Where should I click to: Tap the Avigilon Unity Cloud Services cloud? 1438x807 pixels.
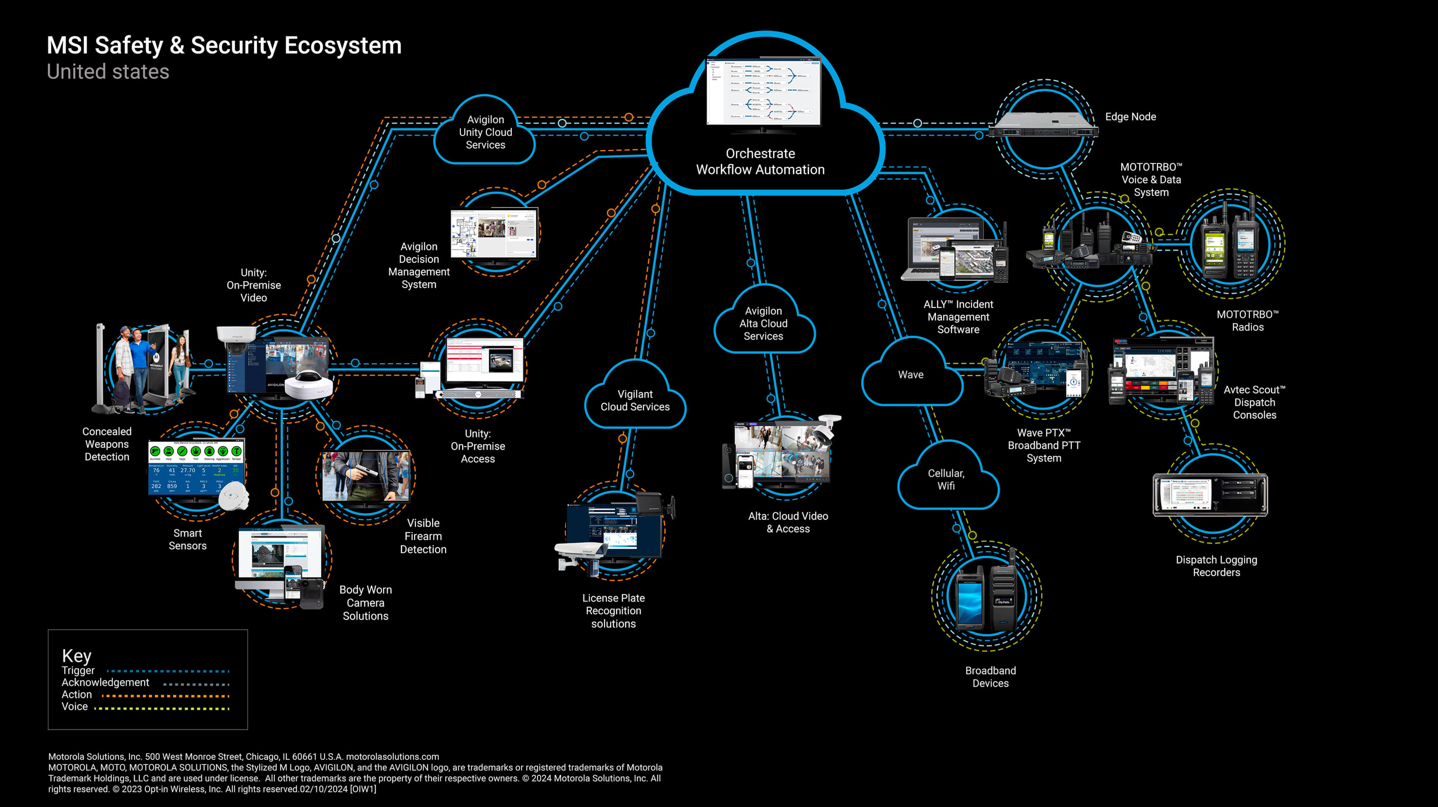coord(485,132)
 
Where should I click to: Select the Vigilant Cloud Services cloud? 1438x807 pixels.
coord(635,400)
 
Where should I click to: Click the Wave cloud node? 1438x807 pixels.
coord(911,374)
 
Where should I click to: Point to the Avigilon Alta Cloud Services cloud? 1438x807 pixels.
coord(763,323)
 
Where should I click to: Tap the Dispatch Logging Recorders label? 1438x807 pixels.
coord(1217,566)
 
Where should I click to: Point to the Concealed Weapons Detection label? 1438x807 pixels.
coord(107,444)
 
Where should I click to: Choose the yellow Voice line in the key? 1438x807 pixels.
coord(162,708)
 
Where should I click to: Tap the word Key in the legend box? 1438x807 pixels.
coord(77,655)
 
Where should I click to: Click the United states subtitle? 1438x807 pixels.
coord(108,72)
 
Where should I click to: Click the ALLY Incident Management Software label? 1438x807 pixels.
coord(958,317)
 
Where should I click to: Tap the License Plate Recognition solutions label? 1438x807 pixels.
coord(614,610)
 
